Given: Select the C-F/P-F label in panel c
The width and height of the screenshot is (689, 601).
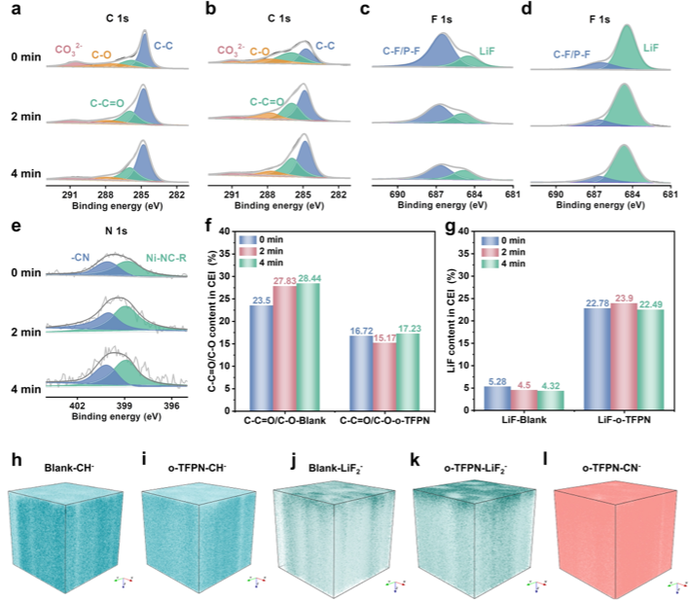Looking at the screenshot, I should (x=399, y=44).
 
